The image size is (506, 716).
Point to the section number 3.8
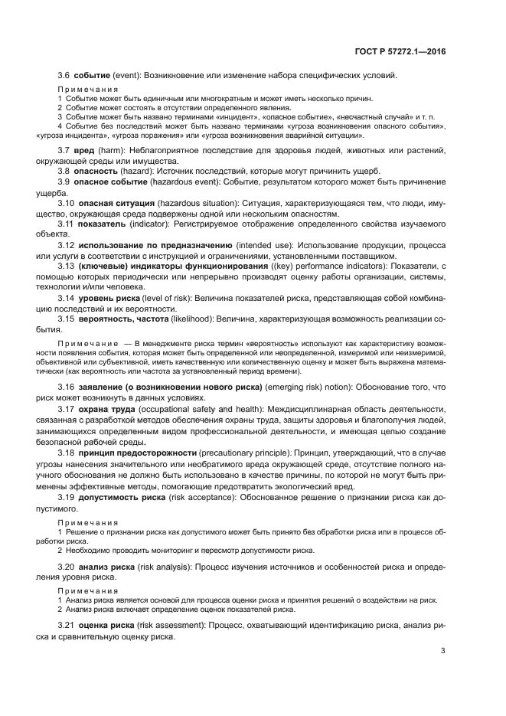click(66, 172)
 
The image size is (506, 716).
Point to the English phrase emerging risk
click(294, 387)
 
